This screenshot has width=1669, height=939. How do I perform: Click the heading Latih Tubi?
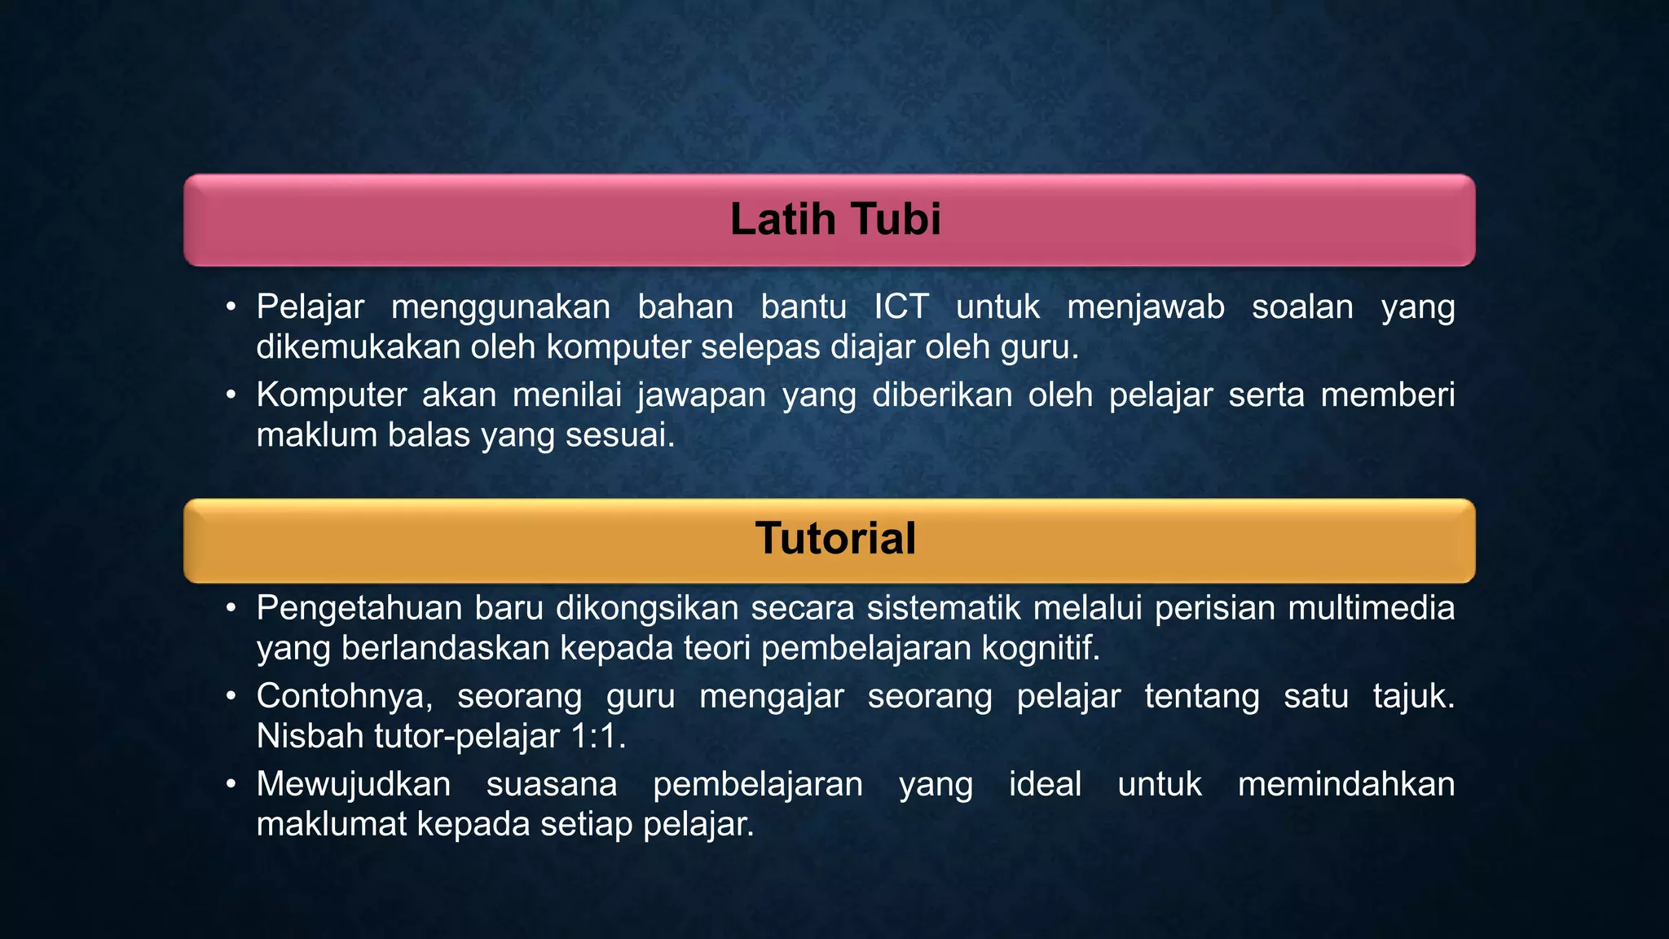(x=835, y=219)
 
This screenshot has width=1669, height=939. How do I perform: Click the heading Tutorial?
(x=835, y=539)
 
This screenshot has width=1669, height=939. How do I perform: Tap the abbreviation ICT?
(x=901, y=307)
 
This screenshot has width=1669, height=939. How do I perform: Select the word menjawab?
(x=1145, y=307)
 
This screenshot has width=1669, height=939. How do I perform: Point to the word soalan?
(x=1302, y=307)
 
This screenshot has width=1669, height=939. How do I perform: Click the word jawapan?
(x=702, y=395)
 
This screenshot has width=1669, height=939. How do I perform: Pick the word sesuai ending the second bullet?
(x=619, y=435)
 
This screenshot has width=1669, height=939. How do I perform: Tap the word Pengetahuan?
(x=359, y=609)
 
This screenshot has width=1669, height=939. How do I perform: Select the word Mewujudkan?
(x=354, y=785)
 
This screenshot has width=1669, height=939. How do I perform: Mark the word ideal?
(x=1045, y=785)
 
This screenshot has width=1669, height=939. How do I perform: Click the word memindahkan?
(x=1345, y=785)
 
